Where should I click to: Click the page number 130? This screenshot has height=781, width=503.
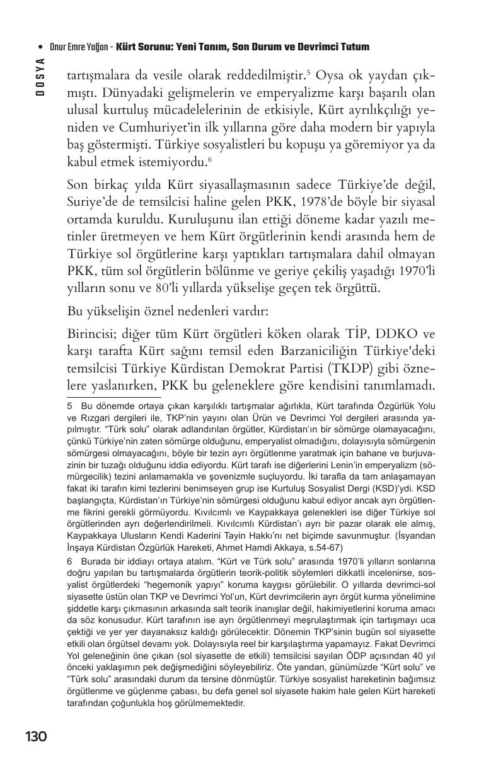[36, 736]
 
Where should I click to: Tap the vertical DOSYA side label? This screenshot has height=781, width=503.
[40, 77]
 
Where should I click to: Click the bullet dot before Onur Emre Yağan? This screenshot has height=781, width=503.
[40, 47]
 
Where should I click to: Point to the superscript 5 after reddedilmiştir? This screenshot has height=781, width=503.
[308, 72]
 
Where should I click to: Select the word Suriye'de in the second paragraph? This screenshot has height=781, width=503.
[90, 204]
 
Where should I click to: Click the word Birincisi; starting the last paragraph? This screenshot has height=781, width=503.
[93, 333]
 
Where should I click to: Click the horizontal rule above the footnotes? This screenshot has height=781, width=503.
[113, 397]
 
